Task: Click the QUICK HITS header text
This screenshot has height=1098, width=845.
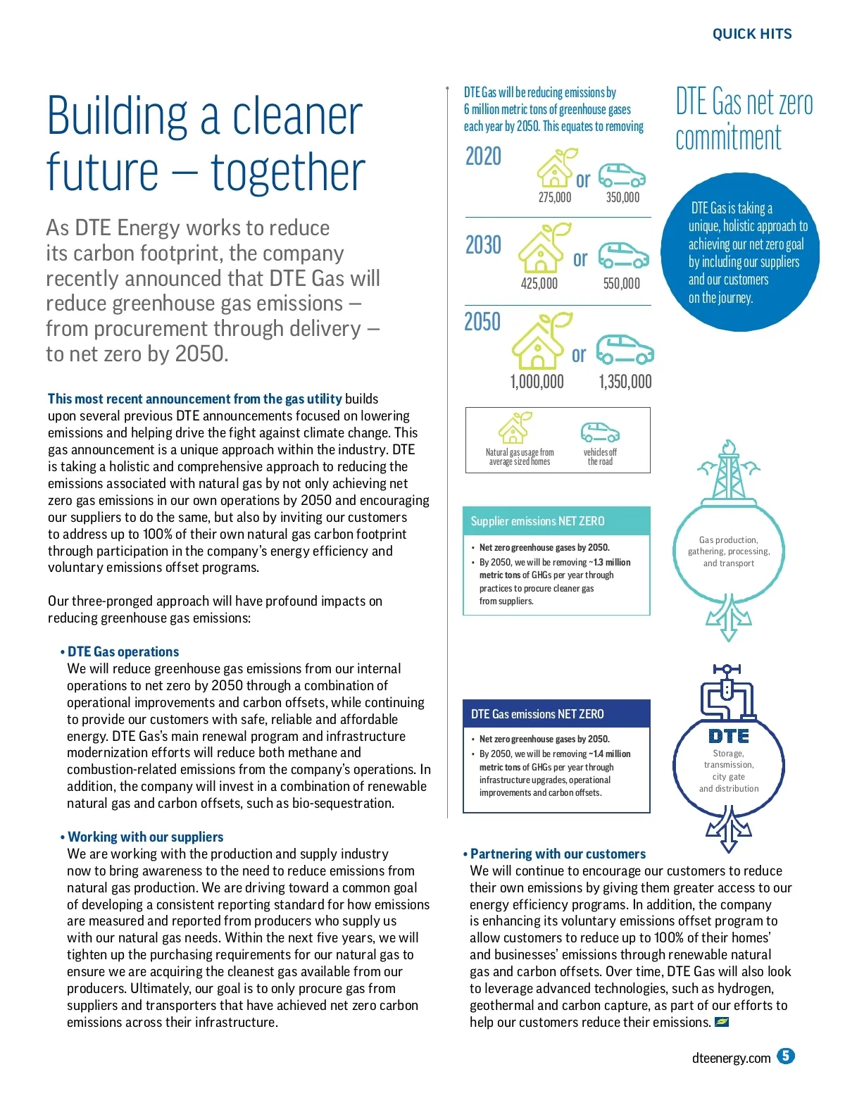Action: (x=751, y=34)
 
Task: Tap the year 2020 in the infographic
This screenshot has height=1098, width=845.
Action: (x=483, y=156)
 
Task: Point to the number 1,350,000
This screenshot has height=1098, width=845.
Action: (x=625, y=382)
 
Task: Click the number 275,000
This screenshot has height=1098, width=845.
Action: (x=554, y=198)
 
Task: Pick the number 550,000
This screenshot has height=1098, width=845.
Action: (x=621, y=284)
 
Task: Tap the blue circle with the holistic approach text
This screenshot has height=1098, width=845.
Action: (x=739, y=252)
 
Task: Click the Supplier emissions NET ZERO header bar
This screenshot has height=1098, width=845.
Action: (x=556, y=521)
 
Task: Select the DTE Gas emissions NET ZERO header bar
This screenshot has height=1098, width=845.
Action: (x=556, y=714)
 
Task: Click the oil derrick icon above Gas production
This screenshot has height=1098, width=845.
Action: (x=729, y=471)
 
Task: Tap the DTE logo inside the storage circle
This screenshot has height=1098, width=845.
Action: (x=729, y=736)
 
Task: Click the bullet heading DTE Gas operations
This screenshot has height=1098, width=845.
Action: (x=123, y=652)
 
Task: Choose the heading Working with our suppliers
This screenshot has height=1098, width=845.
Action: (x=145, y=837)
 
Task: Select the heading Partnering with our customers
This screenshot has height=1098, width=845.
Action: (x=558, y=854)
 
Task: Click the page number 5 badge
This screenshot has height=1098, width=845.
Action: (x=786, y=1056)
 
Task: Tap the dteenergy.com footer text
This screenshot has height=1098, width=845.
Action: (x=731, y=1058)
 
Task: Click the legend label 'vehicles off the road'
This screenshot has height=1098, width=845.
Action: (x=600, y=457)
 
